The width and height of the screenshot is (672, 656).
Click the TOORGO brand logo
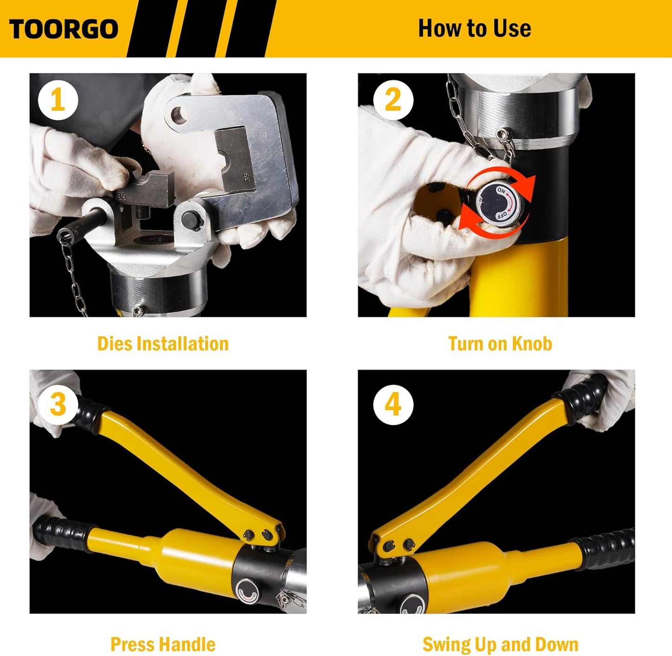point(64,29)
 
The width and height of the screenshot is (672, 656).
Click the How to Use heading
point(474,28)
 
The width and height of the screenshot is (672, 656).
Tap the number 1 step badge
point(58,100)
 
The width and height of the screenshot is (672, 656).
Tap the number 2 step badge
point(393,100)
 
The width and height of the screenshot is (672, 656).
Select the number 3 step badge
point(58,404)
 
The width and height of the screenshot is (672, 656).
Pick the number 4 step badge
point(393,404)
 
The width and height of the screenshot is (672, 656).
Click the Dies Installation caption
point(163,344)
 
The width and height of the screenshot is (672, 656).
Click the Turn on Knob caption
point(500,344)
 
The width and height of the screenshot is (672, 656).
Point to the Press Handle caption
point(163,644)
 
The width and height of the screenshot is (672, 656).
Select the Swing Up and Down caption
point(500,644)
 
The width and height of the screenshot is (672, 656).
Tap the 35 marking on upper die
point(246,177)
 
